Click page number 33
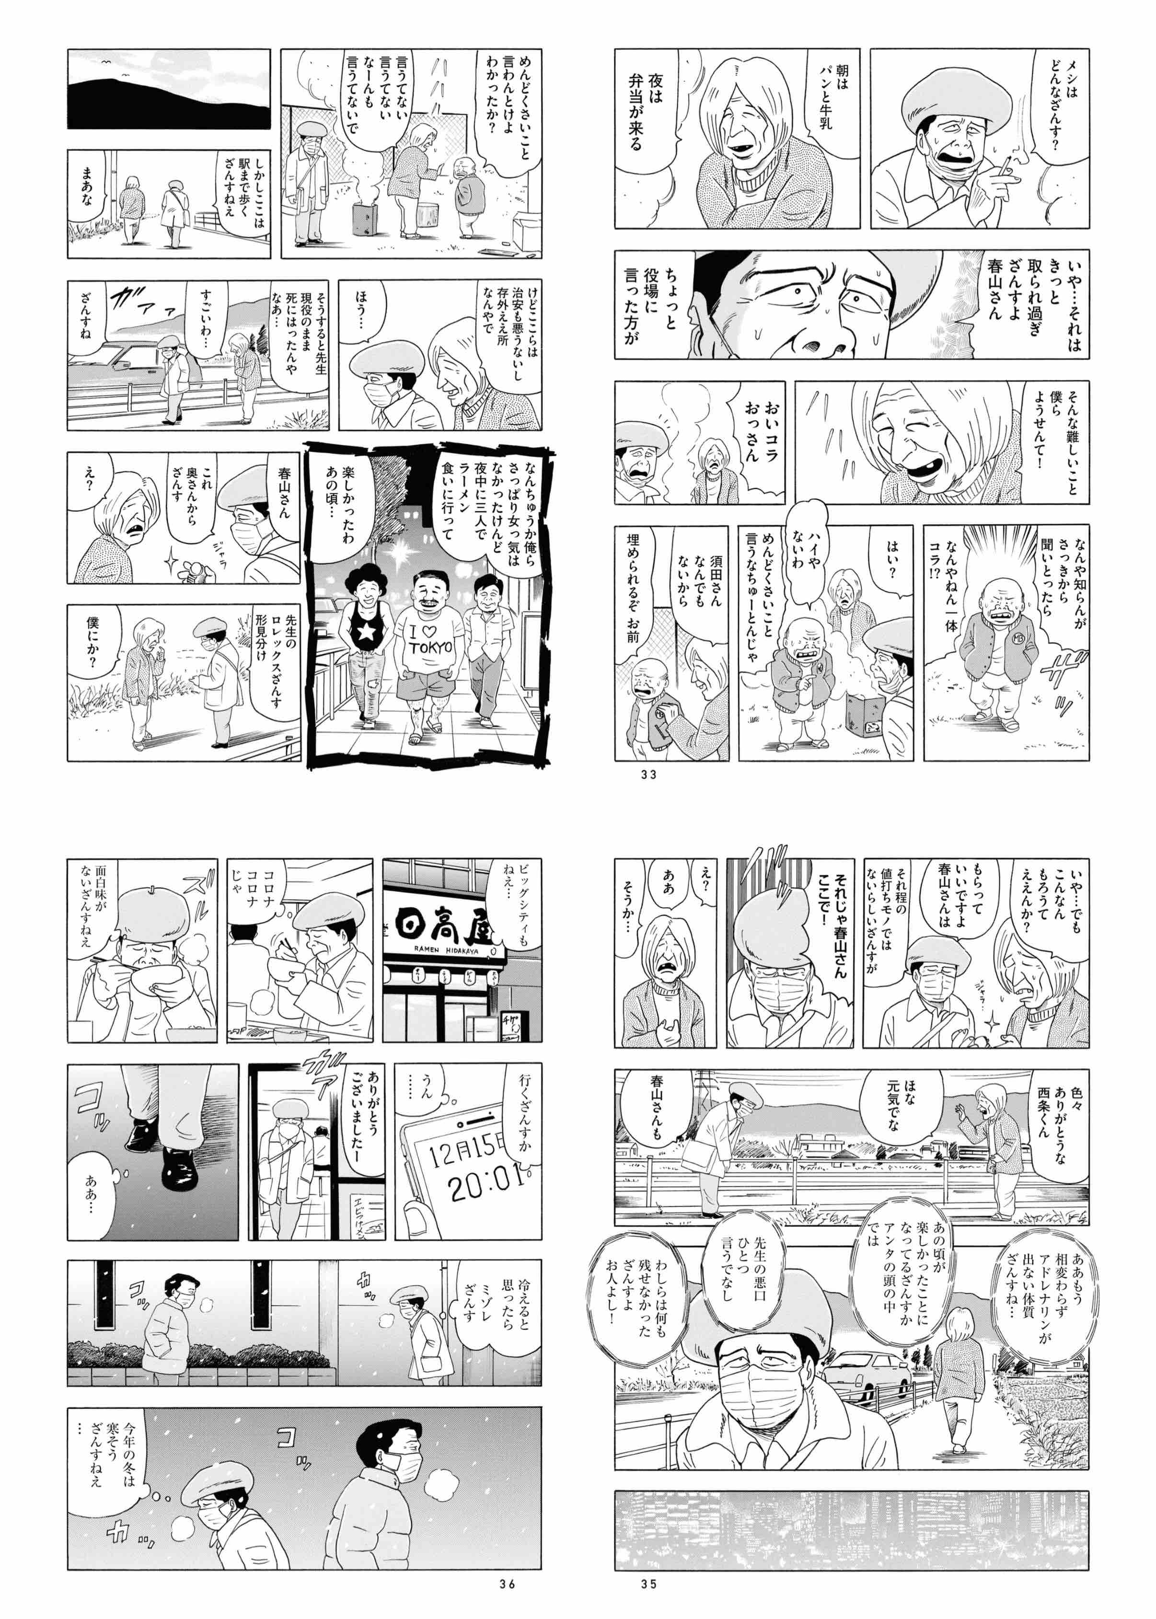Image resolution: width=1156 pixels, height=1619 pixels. click(x=648, y=775)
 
